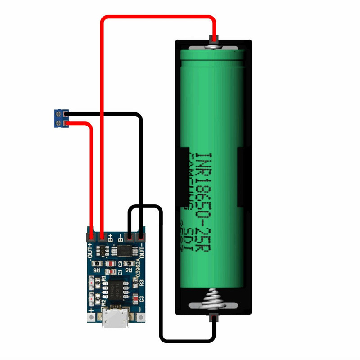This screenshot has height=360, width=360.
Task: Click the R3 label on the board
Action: pyautogui.click(x=141, y=283)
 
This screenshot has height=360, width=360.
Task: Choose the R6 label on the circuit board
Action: pyautogui.click(x=130, y=270)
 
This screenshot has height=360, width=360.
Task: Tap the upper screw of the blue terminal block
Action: pyautogui.click(x=58, y=113)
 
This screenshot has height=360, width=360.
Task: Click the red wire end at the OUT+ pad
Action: pyautogui.click(x=91, y=235)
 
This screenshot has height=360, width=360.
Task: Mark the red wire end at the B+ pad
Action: pyautogui.click(x=102, y=235)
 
